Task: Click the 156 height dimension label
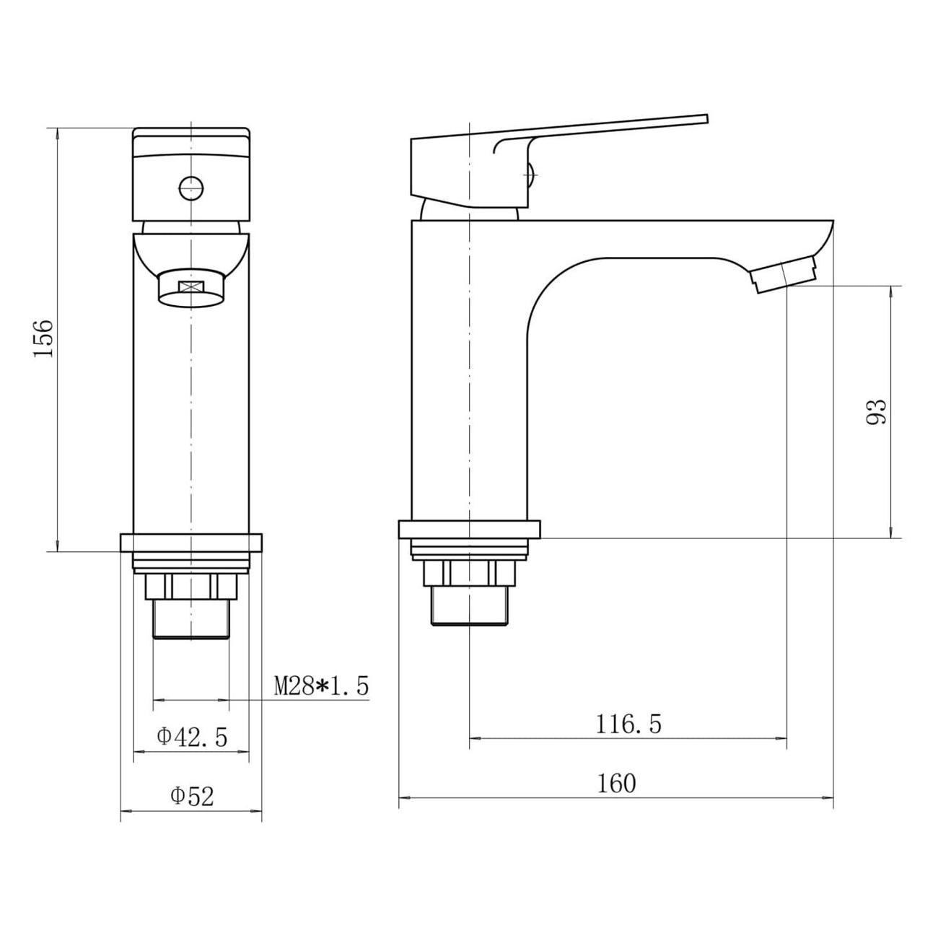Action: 43,338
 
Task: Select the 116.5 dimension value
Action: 628,724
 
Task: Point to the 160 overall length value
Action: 616,783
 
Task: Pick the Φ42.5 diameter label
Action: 192,737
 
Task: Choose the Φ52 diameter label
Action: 192,797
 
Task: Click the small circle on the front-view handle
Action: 191,188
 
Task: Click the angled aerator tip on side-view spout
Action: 785,274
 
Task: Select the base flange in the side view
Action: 469,530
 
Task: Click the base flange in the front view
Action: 191,543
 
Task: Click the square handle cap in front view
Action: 191,175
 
